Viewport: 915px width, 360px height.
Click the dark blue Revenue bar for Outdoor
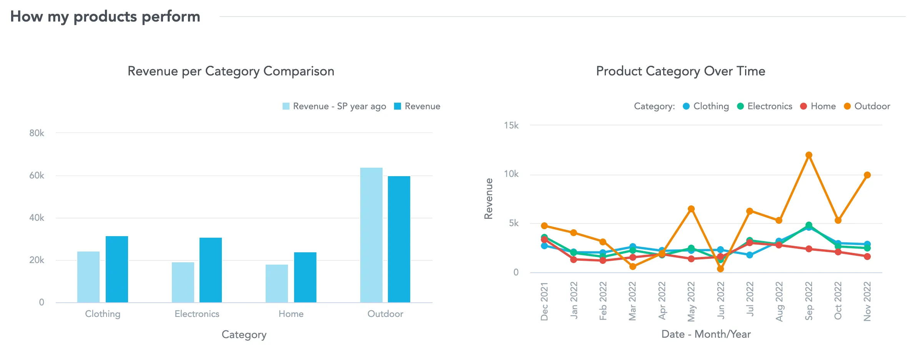tap(399, 239)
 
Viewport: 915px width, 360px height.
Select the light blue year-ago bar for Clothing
tap(88, 277)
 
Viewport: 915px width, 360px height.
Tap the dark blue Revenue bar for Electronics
tap(211, 270)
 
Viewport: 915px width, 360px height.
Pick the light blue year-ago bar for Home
tap(277, 283)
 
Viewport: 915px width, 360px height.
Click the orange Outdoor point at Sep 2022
tap(809, 155)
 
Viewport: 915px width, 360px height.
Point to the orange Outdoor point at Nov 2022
tap(867, 175)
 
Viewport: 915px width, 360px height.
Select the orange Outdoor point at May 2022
tap(691, 209)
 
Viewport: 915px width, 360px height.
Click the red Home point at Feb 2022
tap(603, 260)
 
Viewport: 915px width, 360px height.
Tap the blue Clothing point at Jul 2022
tap(750, 255)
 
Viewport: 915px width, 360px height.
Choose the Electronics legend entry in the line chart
tap(765, 106)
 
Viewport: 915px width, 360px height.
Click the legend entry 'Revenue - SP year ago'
tap(334, 106)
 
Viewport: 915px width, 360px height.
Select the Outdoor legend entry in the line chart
tap(867, 106)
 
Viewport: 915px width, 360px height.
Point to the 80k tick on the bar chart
tap(37, 133)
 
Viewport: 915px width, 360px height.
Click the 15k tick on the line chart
tap(511, 125)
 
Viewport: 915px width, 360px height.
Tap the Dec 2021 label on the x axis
tap(544, 301)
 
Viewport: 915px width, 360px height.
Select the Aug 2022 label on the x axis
tap(779, 301)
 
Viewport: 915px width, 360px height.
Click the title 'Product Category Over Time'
tap(680, 71)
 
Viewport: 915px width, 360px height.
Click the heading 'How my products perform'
tap(105, 17)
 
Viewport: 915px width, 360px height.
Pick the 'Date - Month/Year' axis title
tap(706, 334)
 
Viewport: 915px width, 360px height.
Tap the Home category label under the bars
tap(291, 314)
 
